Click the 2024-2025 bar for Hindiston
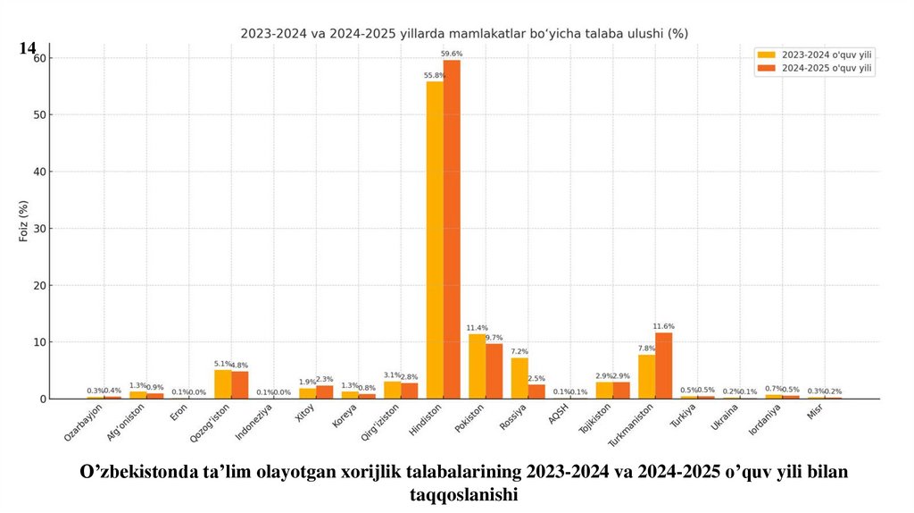click(452, 229)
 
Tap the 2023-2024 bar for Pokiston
click(477, 366)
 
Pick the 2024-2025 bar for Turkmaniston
click(663, 366)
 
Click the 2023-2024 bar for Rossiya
click(519, 378)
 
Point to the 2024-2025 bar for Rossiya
click(536, 391)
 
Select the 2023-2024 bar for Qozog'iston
click(223, 384)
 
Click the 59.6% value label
click(452, 55)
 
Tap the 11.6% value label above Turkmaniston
click(663, 326)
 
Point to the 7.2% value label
click(519, 351)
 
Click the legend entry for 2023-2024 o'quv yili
click(816, 55)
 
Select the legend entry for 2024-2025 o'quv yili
click(816, 68)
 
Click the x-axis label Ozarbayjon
click(84, 422)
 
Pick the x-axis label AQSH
click(558, 416)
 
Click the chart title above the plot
click(464, 33)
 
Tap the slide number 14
click(27, 48)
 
